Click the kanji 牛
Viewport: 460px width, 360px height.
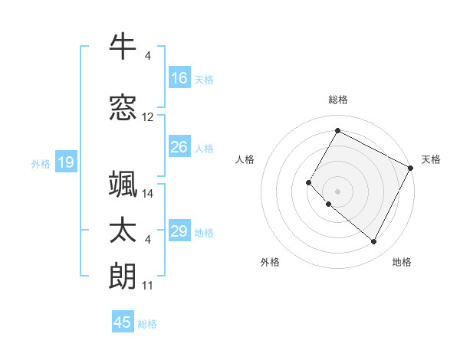click(123, 47)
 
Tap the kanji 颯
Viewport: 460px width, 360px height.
click(123, 185)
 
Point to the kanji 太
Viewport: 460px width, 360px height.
click(123, 231)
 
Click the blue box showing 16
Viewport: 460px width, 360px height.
click(179, 77)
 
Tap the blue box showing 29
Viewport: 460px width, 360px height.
click(179, 231)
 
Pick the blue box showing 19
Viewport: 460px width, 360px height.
click(65, 162)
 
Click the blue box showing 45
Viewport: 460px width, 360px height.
click(123, 322)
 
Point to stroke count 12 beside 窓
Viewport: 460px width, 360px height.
click(148, 117)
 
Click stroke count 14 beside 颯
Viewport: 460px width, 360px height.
click(148, 194)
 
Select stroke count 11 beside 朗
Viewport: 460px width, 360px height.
click(148, 286)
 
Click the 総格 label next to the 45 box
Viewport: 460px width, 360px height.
click(147, 324)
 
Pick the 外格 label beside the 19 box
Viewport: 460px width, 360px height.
click(40, 163)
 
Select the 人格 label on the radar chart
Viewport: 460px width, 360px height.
click(245, 159)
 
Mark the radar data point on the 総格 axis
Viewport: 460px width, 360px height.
click(337, 130)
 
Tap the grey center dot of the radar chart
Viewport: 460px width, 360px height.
click(337, 191)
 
